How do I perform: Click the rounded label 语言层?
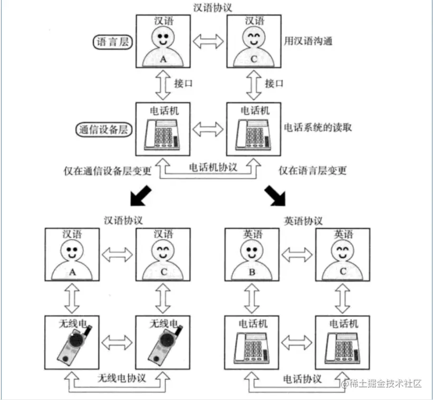[113, 42]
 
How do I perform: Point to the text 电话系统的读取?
[319, 128]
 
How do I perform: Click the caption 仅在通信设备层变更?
[107, 170]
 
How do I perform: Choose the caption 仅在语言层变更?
[312, 170]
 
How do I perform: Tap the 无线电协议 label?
[122, 378]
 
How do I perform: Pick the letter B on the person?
[252, 273]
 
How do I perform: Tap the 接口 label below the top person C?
[274, 83]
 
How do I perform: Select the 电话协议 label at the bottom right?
[302, 378]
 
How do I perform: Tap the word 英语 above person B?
[252, 234]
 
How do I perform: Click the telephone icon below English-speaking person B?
[252, 346]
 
